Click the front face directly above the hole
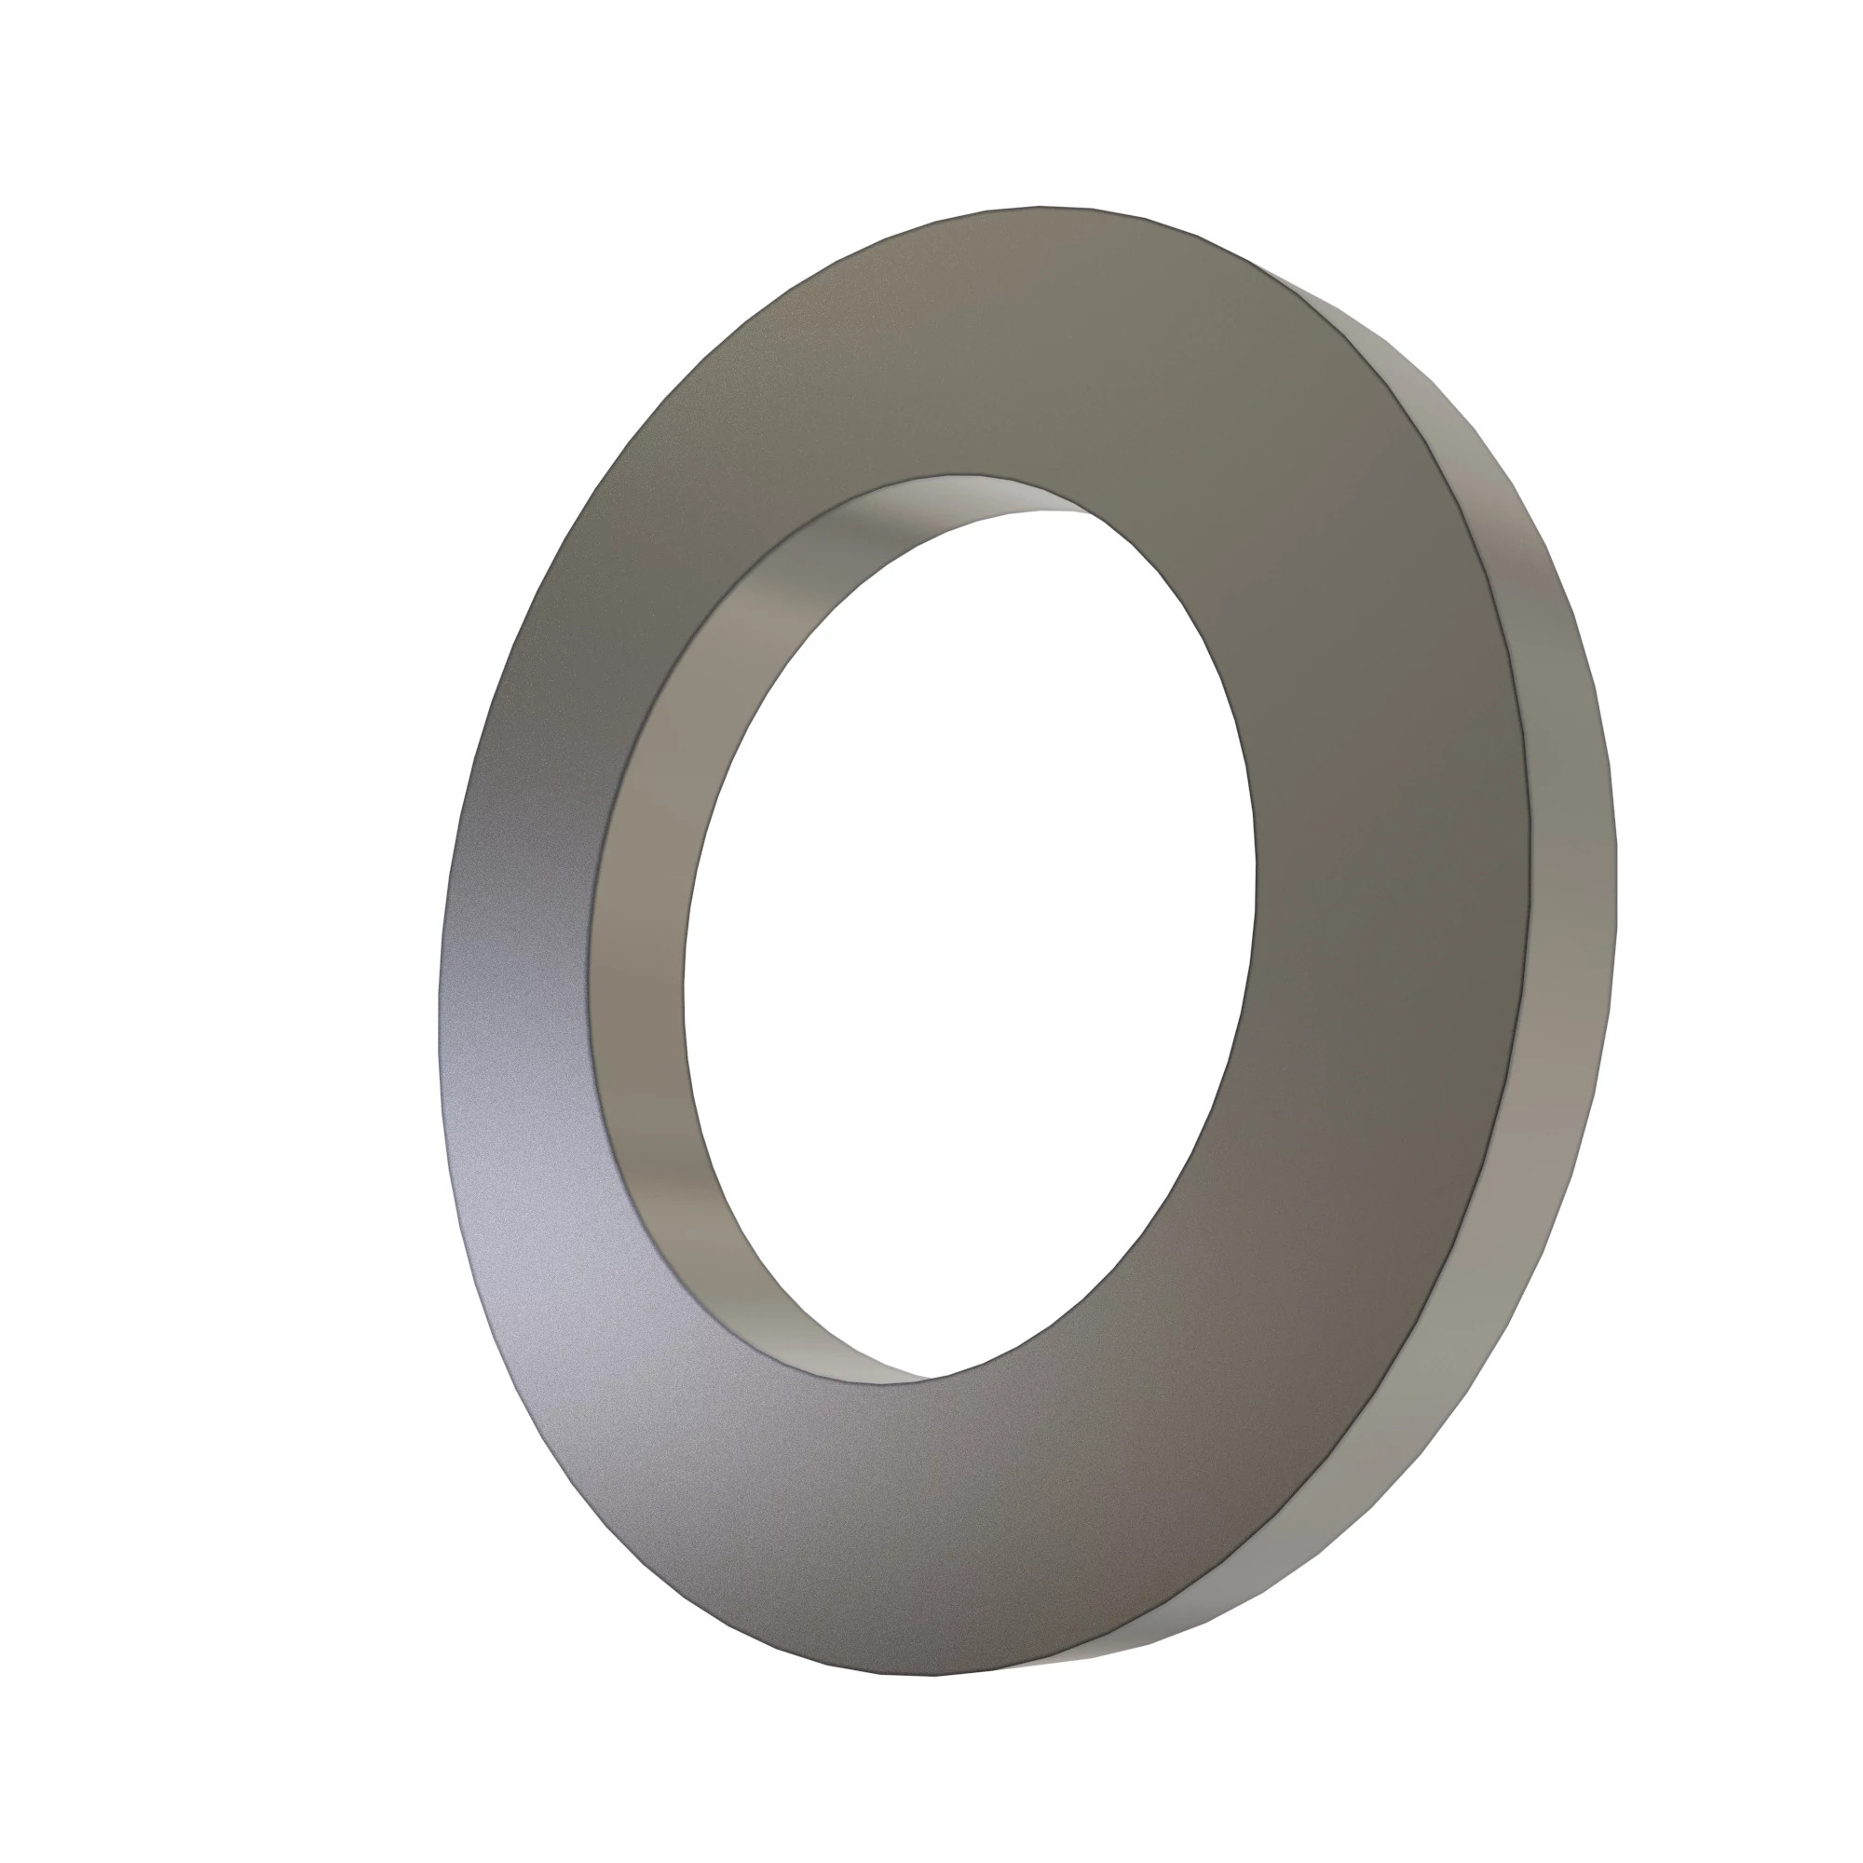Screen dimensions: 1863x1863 [1013, 347]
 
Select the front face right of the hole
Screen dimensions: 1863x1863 [1389, 868]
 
